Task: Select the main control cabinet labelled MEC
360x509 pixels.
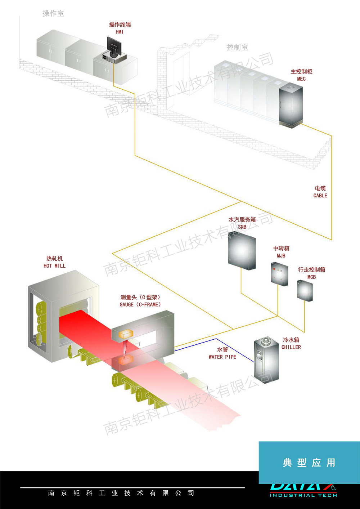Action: pyautogui.click(x=291, y=105)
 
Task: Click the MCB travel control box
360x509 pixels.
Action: pyautogui.click(x=305, y=290)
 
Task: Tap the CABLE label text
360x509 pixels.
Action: pyautogui.click(x=320, y=196)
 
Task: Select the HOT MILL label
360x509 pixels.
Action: pyautogui.click(x=54, y=266)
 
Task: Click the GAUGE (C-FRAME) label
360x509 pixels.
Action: pyautogui.click(x=140, y=304)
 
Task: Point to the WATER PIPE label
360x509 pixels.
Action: pyautogui.click(x=222, y=357)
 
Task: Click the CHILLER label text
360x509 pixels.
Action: pyautogui.click(x=291, y=347)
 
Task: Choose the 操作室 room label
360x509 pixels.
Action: pyautogui.click(x=53, y=14)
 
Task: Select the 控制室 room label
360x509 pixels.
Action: pyautogui.click(x=237, y=47)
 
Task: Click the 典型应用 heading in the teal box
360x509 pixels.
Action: pyautogui.click(x=309, y=463)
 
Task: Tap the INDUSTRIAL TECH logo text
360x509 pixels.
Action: pyautogui.click(x=303, y=495)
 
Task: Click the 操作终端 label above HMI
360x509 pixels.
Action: pyautogui.click(x=120, y=24)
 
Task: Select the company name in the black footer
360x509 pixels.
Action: pyautogui.click(x=121, y=493)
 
